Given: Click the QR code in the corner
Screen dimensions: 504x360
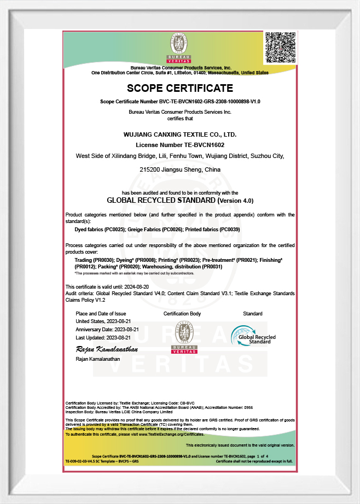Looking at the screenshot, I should tap(280, 48).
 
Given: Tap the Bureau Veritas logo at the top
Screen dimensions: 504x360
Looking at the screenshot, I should tap(180, 48).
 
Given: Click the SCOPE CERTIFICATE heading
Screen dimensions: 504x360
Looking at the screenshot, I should tap(180, 88).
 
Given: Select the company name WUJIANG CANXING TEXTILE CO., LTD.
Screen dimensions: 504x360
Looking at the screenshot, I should tap(180, 134).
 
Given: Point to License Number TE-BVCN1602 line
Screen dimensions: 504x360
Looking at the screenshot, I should tap(180, 145).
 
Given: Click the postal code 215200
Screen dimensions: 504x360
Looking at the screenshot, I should tap(151, 170).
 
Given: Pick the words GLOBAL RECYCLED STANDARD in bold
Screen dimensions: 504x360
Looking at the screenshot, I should tap(161, 201).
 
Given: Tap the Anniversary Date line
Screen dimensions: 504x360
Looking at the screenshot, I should tap(107, 330).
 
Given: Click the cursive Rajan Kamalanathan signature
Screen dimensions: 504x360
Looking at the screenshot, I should tap(106, 349).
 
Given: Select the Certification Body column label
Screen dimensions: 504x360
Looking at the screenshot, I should tap(182, 314).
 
